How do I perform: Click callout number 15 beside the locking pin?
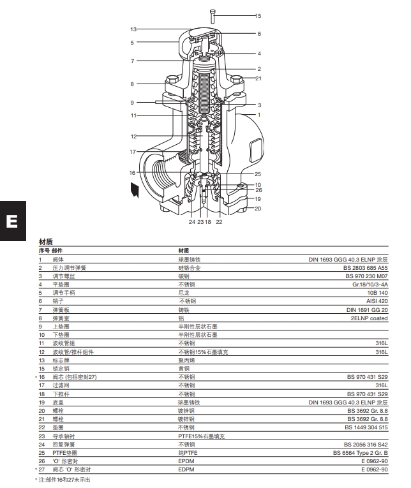coord(258,15)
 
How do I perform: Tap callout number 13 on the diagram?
coord(134,29)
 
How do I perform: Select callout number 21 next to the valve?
coord(258,78)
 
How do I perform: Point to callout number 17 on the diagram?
coord(133,152)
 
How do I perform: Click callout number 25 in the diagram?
coord(258,174)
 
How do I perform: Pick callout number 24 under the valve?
coord(191,222)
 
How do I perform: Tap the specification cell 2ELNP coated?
coord(370,316)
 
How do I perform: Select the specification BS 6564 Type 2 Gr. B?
coord(360,452)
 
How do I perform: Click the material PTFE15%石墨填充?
coord(202,436)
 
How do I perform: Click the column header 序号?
coord(44,251)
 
